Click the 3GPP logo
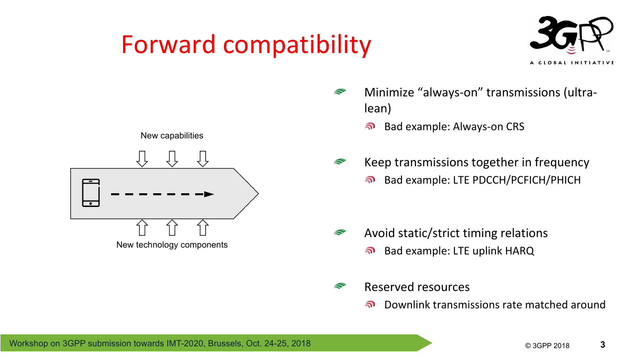571,40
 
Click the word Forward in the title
168,44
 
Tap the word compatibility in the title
297,46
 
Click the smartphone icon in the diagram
91,193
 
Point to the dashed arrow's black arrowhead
209,194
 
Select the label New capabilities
172,135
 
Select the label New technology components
172,245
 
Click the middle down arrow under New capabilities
172,159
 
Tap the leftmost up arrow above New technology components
142,228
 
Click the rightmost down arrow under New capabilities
203,159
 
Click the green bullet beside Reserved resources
340,286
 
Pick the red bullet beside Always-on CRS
370,126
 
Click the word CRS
515,127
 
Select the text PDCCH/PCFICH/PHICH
527,180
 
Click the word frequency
562,163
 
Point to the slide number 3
603,344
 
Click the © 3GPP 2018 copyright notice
547,345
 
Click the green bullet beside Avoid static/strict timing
340,233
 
